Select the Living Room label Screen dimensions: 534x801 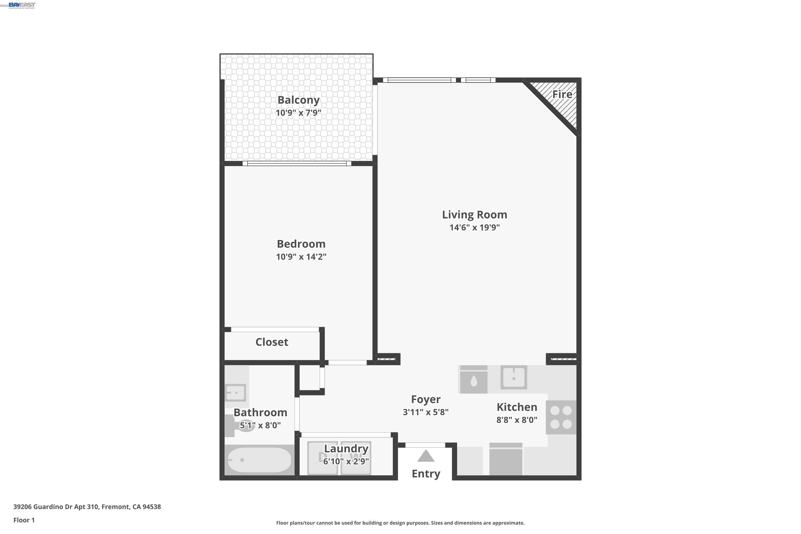[474, 215]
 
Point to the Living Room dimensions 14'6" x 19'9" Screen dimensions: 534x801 [474, 227]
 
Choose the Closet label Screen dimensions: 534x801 [272, 342]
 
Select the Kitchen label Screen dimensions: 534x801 [517, 407]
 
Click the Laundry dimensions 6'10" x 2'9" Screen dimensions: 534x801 [346, 461]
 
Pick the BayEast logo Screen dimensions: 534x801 [22, 5]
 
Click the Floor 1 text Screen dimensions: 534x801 [24, 520]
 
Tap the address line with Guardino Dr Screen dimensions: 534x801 [87, 507]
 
